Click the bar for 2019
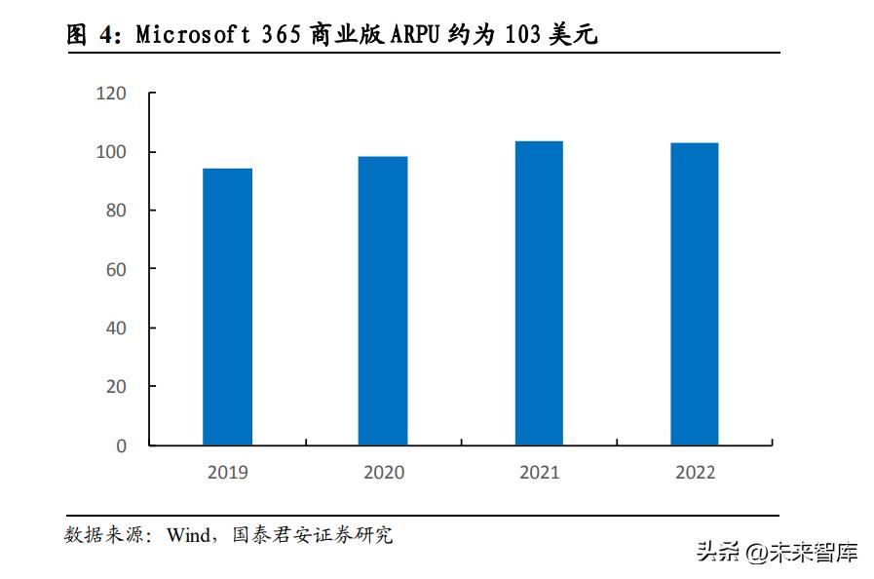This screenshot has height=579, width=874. click(x=227, y=307)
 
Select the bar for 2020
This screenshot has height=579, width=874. click(x=383, y=301)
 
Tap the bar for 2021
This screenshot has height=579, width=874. click(x=539, y=293)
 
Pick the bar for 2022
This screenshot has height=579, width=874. click(x=695, y=294)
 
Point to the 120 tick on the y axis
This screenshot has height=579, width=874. click(x=111, y=94)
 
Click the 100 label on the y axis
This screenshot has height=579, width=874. click(x=111, y=152)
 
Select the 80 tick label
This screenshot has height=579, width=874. click(x=116, y=211)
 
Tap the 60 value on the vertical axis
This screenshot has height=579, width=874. click(x=116, y=269)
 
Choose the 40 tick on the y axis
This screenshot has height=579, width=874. click(x=116, y=328)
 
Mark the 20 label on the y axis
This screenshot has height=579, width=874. click(x=116, y=387)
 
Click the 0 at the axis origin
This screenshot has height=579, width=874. click(x=121, y=445)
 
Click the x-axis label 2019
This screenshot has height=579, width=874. click(x=227, y=473)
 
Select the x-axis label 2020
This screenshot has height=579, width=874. click(x=383, y=473)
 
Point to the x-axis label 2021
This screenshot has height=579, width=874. click(x=539, y=473)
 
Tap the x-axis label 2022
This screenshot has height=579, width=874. click(x=695, y=473)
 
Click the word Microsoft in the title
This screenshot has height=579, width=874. click(x=185, y=35)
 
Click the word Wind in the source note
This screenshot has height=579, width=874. click(x=187, y=535)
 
